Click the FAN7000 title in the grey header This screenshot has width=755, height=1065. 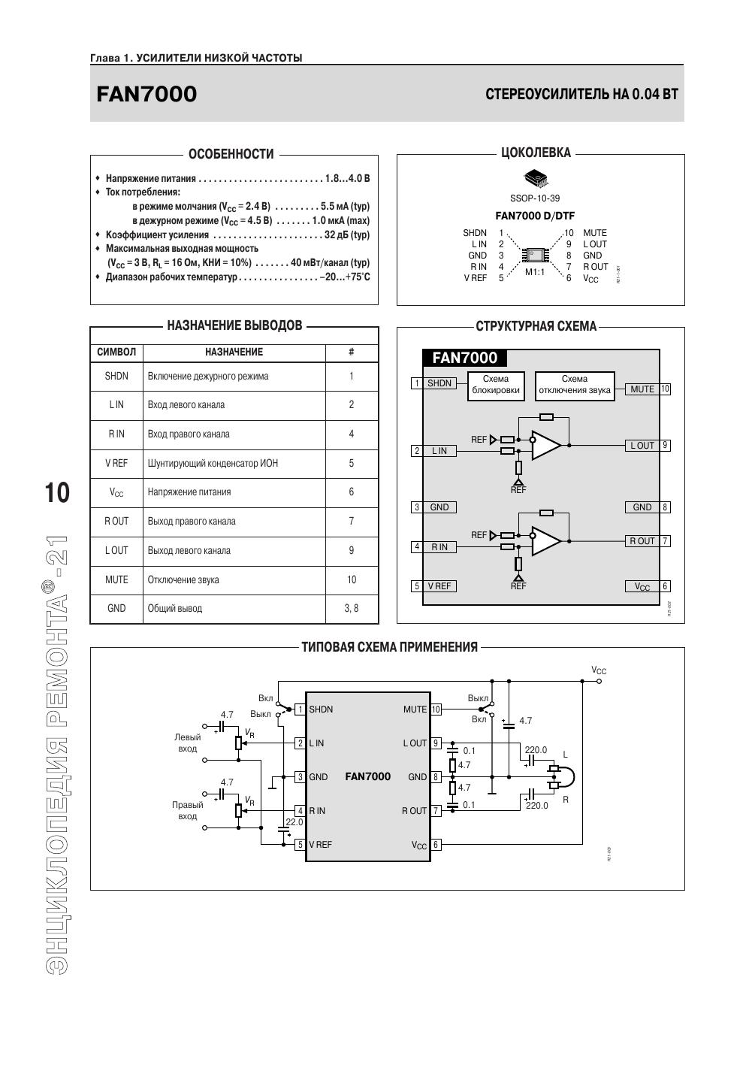146,95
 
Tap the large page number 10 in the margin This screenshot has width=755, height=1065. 57,493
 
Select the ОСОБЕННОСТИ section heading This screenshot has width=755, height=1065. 231,154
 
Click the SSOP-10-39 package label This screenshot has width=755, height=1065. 534,198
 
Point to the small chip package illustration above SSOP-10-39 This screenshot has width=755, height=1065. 535,178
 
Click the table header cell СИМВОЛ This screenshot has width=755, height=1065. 116,352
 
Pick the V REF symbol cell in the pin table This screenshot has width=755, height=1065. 116,463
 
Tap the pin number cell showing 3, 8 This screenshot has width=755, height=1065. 351,608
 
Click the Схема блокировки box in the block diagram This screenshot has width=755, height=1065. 495,385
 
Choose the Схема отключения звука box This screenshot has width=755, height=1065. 575,385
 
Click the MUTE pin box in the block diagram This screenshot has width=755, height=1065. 642,389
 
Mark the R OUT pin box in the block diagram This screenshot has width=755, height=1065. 642,541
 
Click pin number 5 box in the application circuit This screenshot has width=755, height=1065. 300,845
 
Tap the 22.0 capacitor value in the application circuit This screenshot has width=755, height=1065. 294,823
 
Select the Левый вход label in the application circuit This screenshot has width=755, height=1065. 188,743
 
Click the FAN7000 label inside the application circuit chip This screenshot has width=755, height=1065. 368,776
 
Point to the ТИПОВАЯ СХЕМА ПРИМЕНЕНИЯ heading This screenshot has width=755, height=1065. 389,647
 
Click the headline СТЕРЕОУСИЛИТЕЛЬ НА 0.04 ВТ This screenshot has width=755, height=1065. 581,95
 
